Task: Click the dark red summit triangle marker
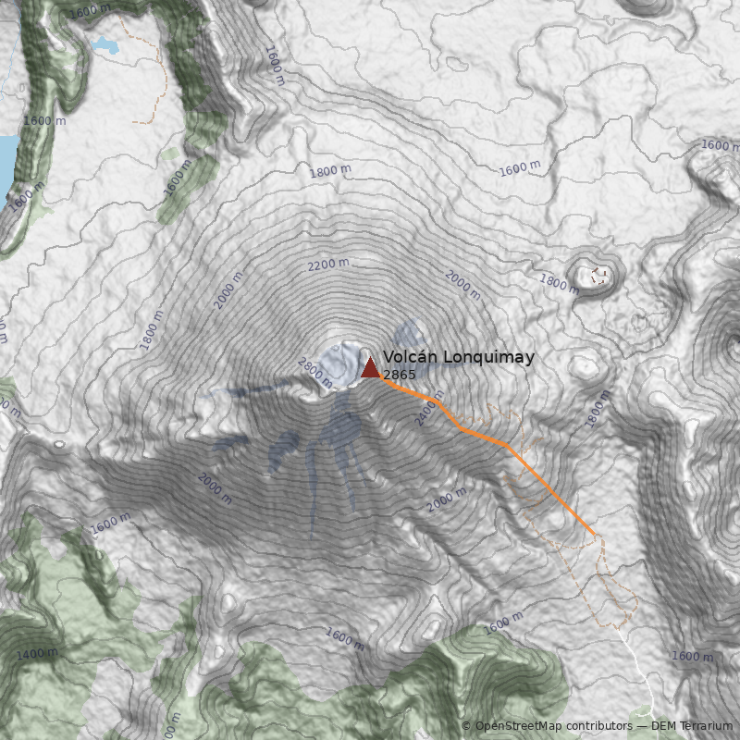click(370, 368)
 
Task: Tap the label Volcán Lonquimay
click(458, 357)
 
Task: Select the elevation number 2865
click(399, 375)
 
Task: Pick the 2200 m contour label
click(328, 265)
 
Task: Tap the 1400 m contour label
click(37, 654)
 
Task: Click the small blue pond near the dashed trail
click(106, 45)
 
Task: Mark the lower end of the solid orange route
click(593, 534)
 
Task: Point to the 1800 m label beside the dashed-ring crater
click(559, 283)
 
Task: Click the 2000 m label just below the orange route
click(447, 500)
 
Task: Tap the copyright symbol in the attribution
click(466, 726)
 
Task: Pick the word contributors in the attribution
click(597, 726)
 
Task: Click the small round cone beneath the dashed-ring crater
click(586, 366)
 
